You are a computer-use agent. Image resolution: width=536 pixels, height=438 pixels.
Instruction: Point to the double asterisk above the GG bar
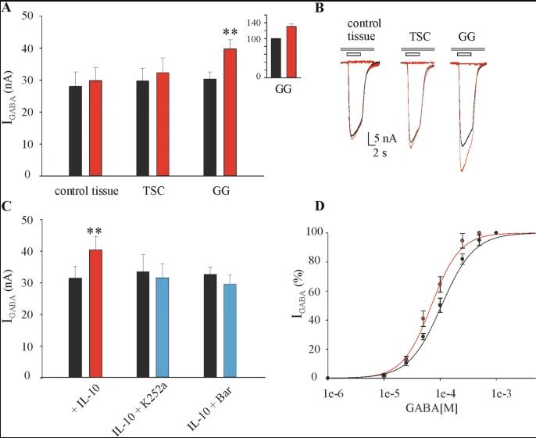[x=230, y=33]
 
